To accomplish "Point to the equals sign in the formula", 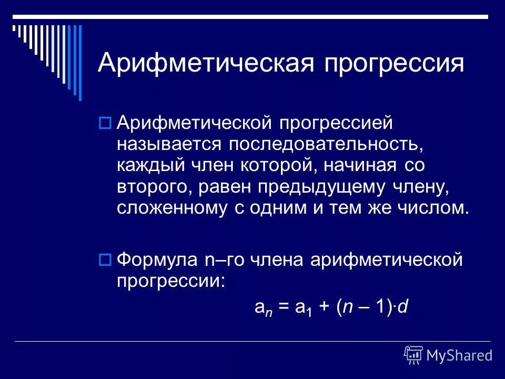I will (x=285, y=308).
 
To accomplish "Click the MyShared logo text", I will (x=459, y=355).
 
